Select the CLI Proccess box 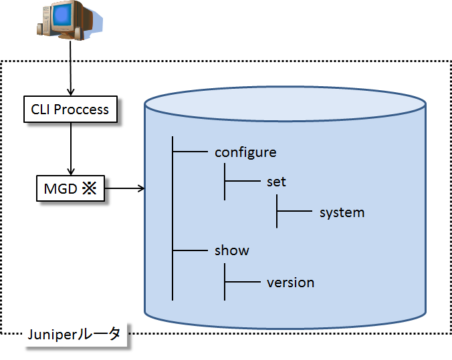coord(70,109)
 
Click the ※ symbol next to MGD coord(90,189)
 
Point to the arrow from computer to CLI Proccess coord(70,67)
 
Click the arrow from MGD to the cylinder coord(124,189)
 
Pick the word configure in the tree coord(245,152)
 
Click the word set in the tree coord(276,182)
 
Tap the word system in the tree coord(342,213)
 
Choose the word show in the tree coord(231,251)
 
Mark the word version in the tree coord(290,283)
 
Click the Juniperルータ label coord(74,335)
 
